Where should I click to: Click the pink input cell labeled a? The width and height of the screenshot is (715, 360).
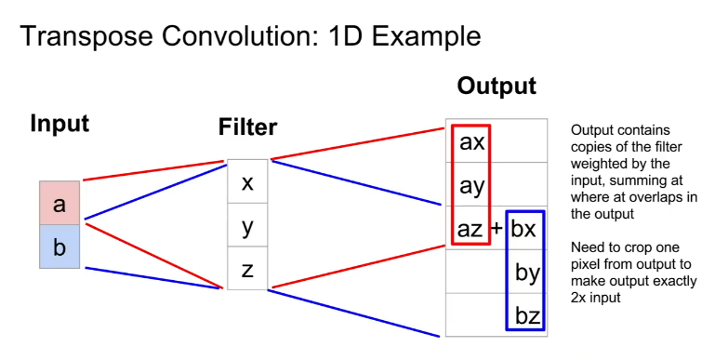point(60,203)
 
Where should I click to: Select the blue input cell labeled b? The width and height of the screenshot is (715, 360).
point(60,247)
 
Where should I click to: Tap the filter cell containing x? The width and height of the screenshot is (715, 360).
point(247,181)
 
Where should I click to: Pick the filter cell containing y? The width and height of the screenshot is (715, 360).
point(247,225)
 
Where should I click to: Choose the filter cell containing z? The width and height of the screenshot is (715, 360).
point(247,268)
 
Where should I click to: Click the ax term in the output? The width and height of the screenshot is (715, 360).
point(471,142)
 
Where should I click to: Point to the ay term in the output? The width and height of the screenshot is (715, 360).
point(471,186)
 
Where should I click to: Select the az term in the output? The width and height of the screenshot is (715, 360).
point(470,229)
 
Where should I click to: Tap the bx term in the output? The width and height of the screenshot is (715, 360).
point(523,228)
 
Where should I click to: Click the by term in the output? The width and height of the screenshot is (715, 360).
point(527,273)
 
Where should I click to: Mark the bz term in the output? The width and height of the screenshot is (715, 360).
point(527,315)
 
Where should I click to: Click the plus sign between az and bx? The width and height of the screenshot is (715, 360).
point(497,228)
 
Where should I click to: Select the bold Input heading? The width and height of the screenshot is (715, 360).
point(60,124)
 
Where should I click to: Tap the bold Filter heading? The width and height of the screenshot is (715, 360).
point(247,127)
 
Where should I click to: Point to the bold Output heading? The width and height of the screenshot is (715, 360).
point(497,86)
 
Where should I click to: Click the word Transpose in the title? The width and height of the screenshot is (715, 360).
point(86,36)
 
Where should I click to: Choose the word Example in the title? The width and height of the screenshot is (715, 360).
point(427,36)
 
